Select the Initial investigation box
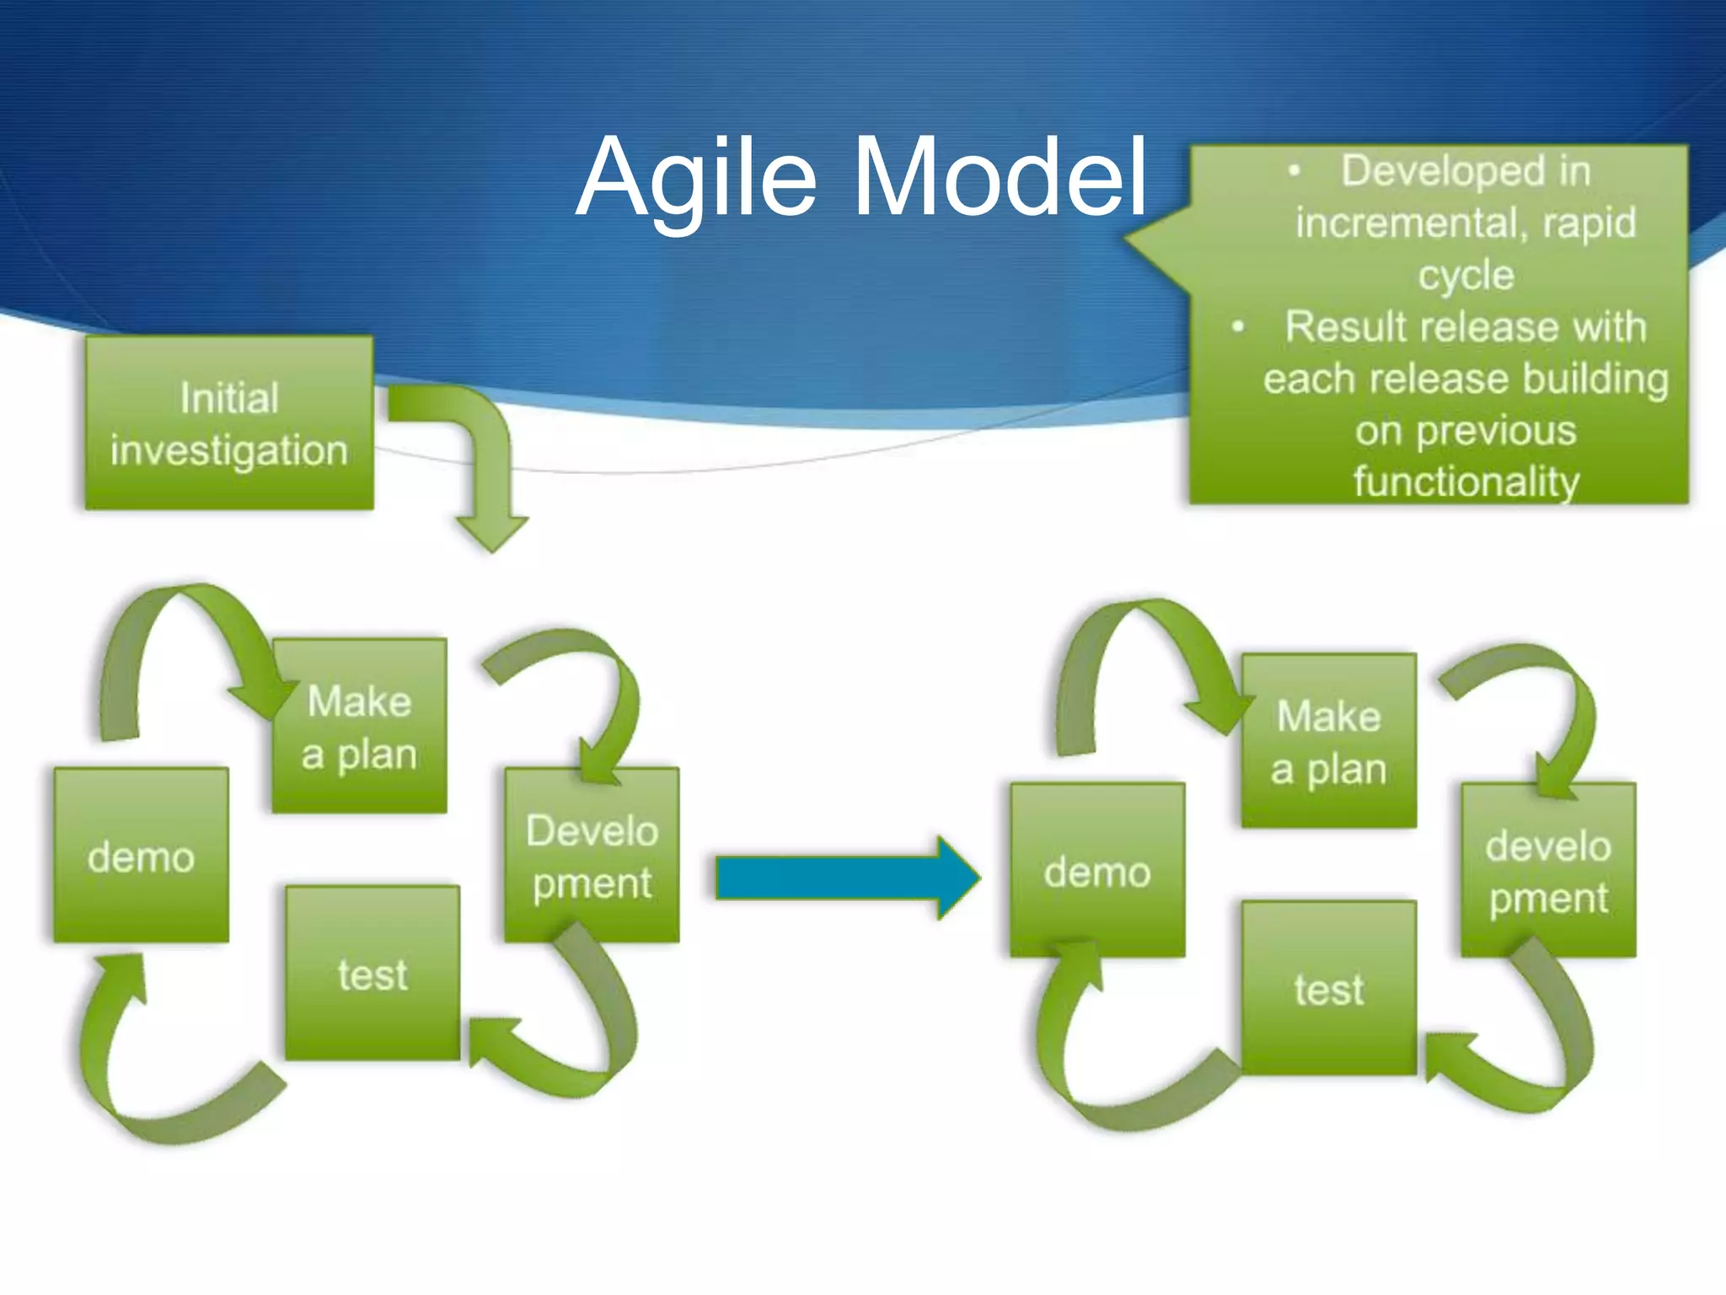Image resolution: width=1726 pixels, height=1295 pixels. tap(229, 423)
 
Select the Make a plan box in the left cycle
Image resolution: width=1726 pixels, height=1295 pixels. tap(360, 726)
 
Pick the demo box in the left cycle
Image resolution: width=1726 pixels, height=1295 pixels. tap(142, 856)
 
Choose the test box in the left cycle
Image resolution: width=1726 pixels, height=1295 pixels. tap(373, 974)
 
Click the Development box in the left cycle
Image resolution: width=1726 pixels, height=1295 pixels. tap(592, 856)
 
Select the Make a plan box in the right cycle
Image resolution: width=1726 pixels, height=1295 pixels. tap(1329, 741)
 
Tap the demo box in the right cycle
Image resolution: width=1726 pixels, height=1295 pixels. tap(1097, 871)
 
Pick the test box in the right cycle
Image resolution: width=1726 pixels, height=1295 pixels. tap(1329, 988)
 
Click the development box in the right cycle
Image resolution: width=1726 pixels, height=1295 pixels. tap(1549, 871)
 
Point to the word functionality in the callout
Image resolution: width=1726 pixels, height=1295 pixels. tap(1466, 482)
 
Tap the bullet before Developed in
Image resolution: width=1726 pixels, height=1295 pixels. tap(1294, 171)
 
